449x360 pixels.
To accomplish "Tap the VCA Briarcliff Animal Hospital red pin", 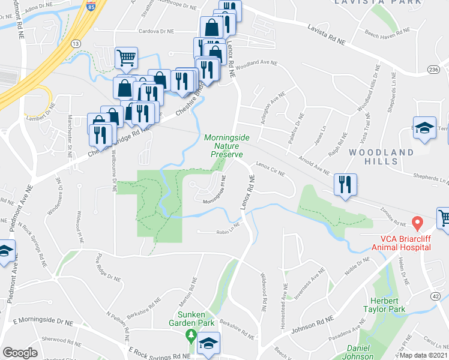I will point(418,224).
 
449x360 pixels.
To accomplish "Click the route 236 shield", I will point(433,70).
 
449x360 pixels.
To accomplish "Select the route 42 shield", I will point(436,296).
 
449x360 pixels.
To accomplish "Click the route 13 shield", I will point(75,44).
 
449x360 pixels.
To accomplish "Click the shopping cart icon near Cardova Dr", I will point(126,58).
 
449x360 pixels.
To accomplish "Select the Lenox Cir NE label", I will point(268,167).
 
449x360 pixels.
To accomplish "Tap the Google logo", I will point(20,352).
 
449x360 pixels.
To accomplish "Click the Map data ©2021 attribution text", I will point(423,355).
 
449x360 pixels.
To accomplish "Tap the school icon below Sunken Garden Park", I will point(208,344).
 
